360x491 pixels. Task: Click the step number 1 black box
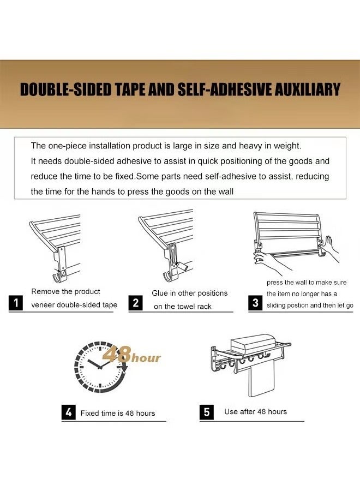point(17,303)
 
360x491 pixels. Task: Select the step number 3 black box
point(255,303)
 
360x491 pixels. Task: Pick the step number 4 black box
point(68,412)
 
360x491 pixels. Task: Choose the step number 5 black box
point(206,412)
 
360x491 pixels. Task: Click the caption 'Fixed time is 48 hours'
point(117,413)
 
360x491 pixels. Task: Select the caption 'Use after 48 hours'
point(255,411)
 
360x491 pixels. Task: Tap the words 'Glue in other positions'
point(189,293)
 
